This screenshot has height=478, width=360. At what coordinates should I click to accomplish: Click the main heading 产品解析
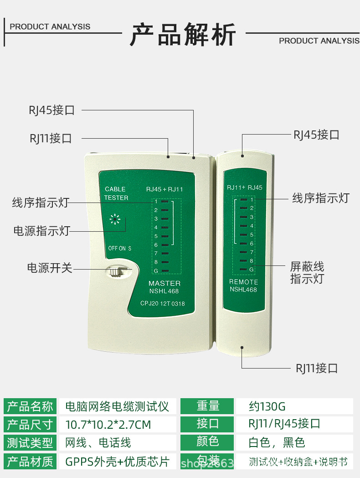(x=183, y=36)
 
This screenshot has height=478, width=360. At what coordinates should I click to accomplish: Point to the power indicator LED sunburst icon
(x=115, y=220)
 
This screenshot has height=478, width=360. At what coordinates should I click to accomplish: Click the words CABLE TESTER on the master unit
(x=116, y=193)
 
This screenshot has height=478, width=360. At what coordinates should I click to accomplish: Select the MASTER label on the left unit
(x=165, y=283)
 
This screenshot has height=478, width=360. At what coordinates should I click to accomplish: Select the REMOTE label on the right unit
(x=243, y=282)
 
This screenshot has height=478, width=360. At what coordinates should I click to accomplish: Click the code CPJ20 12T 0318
(x=163, y=304)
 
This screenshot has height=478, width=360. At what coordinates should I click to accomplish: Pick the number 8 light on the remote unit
(x=244, y=261)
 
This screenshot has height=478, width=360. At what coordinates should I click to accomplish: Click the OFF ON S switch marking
(x=119, y=249)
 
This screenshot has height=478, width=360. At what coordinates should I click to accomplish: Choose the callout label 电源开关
(x=50, y=268)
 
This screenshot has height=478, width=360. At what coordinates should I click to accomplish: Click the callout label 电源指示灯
(x=41, y=231)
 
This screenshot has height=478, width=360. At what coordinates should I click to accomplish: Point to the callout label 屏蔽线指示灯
(x=307, y=272)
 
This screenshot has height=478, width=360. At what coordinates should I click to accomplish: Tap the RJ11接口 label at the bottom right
(x=317, y=368)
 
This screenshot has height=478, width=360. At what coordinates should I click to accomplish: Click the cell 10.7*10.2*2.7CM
(x=108, y=425)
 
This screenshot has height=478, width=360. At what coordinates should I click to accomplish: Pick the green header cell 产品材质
(x=30, y=461)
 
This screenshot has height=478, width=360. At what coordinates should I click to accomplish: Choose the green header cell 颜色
(x=208, y=442)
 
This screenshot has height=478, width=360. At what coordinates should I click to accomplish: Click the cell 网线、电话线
(x=98, y=442)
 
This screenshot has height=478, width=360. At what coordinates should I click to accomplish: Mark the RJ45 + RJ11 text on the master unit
(x=165, y=189)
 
